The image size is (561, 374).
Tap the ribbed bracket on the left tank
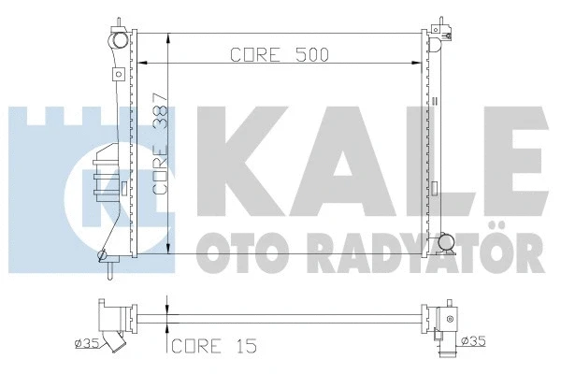(105, 175)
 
